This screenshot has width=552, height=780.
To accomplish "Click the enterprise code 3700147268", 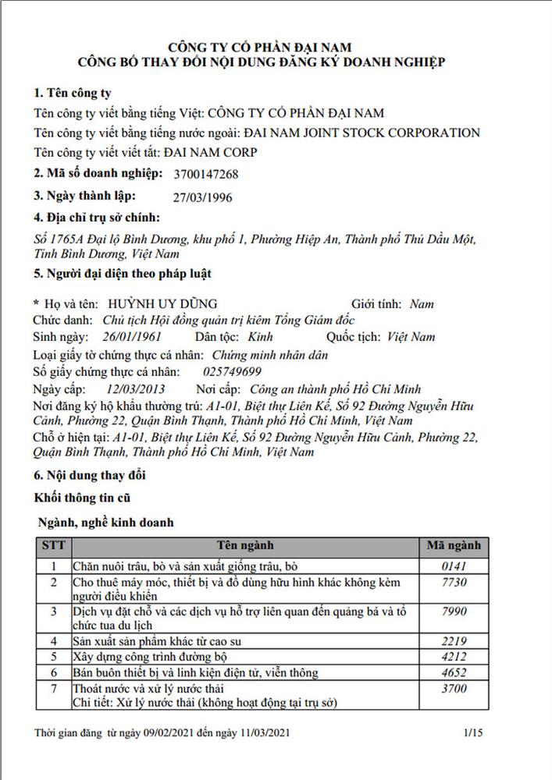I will (207, 175).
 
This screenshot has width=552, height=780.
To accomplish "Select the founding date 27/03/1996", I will (201, 197).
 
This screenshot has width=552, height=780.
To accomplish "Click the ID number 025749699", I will (232, 371).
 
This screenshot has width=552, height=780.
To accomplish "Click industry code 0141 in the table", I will (454, 565).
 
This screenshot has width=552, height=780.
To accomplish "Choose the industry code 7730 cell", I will (454, 583).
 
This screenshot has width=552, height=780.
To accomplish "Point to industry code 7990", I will (454, 612).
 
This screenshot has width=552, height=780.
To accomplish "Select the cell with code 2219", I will (454, 641).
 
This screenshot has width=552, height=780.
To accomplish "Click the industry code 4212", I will (454, 657).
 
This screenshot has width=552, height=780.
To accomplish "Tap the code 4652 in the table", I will (454, 672).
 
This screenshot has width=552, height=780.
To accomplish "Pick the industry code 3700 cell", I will (454, 689).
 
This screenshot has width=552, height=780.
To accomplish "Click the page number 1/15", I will (474, 733).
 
